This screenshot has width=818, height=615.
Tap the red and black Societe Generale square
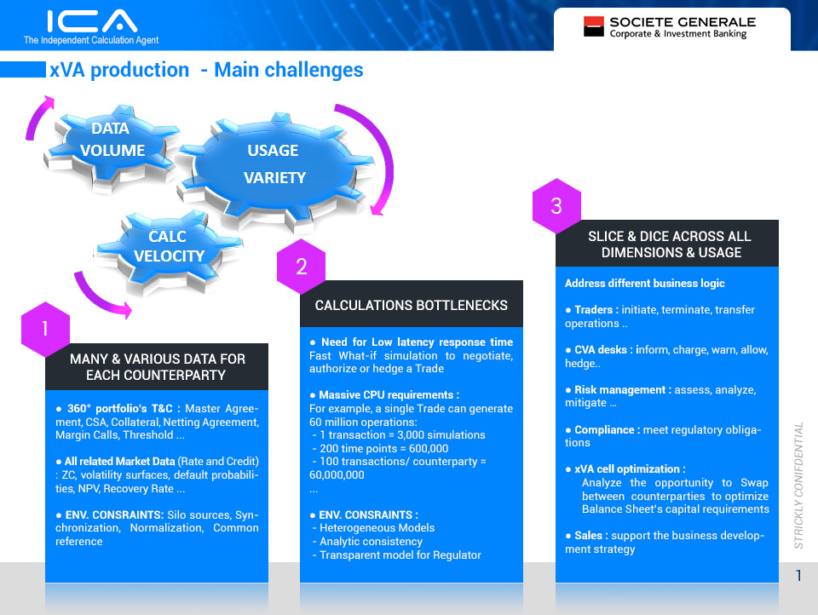[594, 26]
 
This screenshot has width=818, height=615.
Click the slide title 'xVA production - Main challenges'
[206, 70]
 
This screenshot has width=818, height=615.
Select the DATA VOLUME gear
[112, 147]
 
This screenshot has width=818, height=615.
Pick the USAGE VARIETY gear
[275, 167]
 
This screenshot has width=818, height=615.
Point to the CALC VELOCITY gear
[168, 251]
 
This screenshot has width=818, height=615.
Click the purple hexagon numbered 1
[45, 329]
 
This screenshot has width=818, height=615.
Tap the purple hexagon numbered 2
[301, 267]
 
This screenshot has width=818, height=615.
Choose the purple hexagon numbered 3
[556, 206]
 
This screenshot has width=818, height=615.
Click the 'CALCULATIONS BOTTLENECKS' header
[411, 305]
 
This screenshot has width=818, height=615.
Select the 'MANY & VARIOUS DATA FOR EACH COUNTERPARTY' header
[157, 367]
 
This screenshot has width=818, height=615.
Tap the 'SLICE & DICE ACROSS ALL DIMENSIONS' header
[671, 244]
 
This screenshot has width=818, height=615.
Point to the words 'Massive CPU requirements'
[386, 395]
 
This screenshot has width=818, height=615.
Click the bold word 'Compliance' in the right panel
[604, 430]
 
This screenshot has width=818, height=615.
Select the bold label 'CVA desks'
[601, 349]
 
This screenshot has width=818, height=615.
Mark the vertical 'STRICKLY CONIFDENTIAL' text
[798, 486]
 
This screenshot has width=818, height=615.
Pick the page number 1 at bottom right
[798, 575]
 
